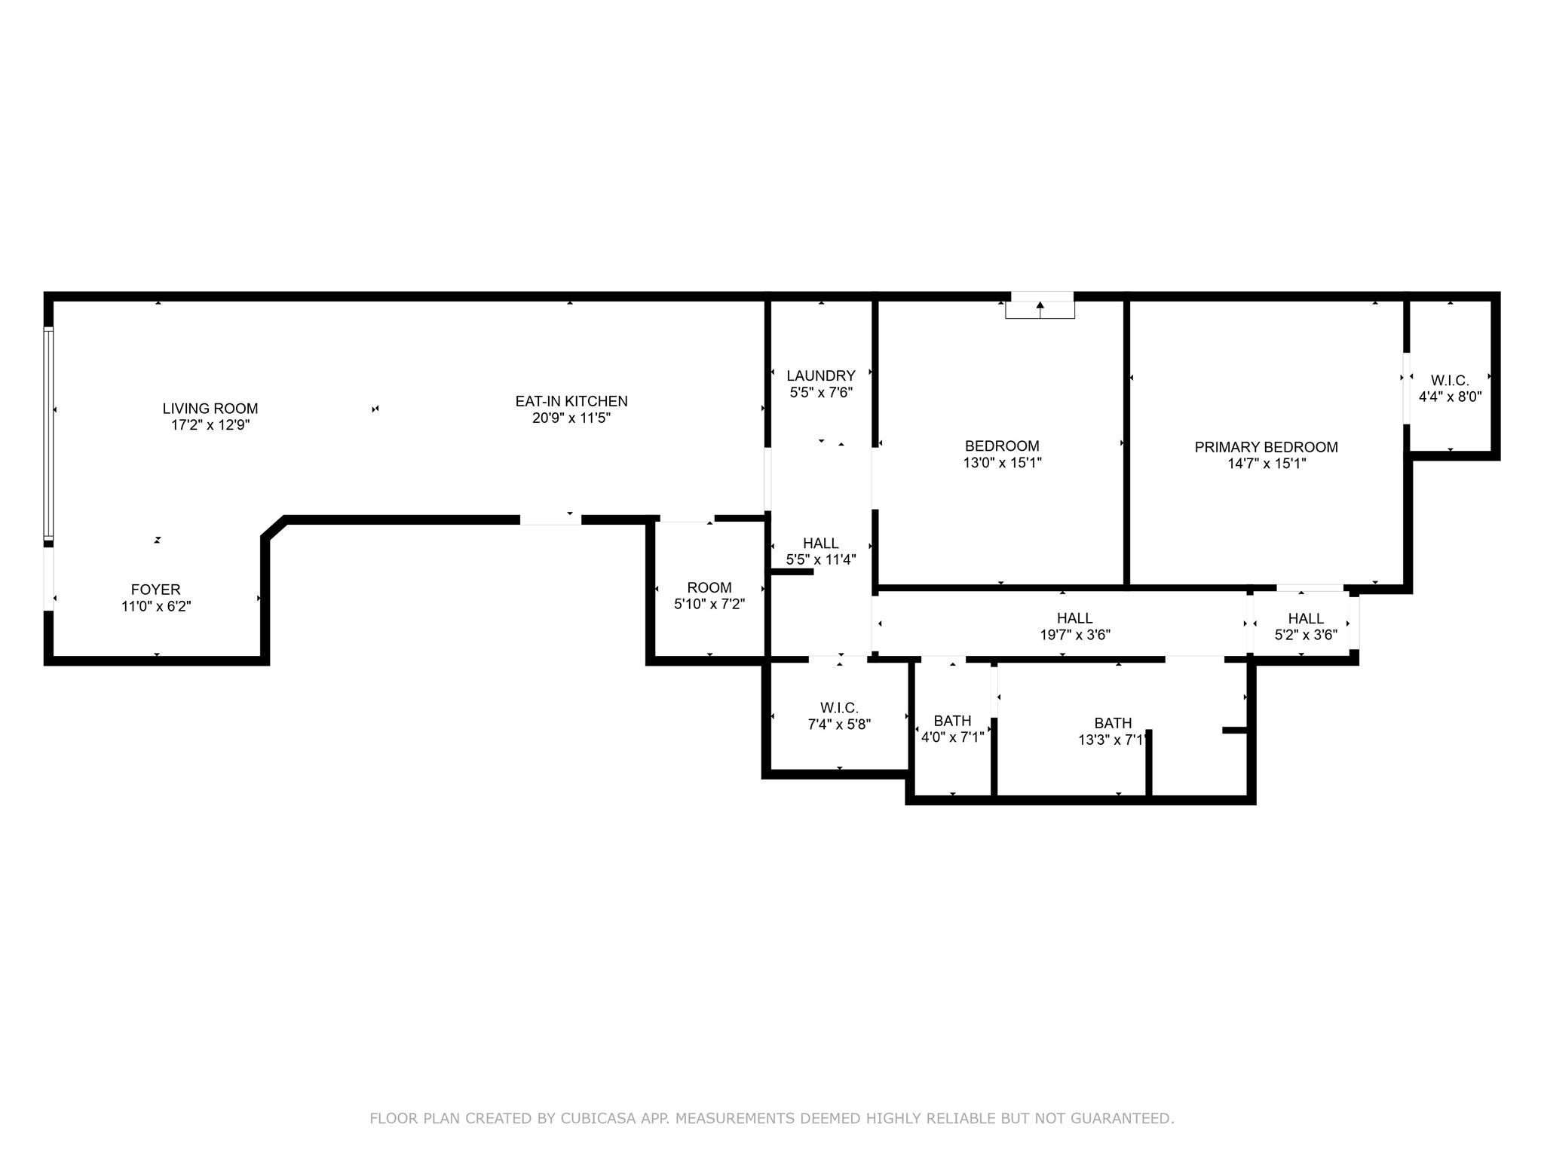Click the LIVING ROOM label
coord(210,409)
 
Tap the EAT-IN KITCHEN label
coord(571,401)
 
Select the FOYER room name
coord(156,590)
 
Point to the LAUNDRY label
coord(821,375)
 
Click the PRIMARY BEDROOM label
coord(1267,447)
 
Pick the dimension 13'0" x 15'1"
coord(1003,463)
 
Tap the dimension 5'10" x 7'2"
coord(709,604)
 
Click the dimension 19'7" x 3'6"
coord(1075,635)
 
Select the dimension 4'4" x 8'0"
coord(1451,397)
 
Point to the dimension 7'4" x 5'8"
coord(839,725)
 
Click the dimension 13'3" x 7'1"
coord(1113,740)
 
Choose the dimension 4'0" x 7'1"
coord(953,737)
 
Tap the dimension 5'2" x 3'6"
coord(1307,635)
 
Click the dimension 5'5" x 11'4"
coord(821,559)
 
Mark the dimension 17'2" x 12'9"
coord(210,425)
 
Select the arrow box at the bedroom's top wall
coord(1040,305)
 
